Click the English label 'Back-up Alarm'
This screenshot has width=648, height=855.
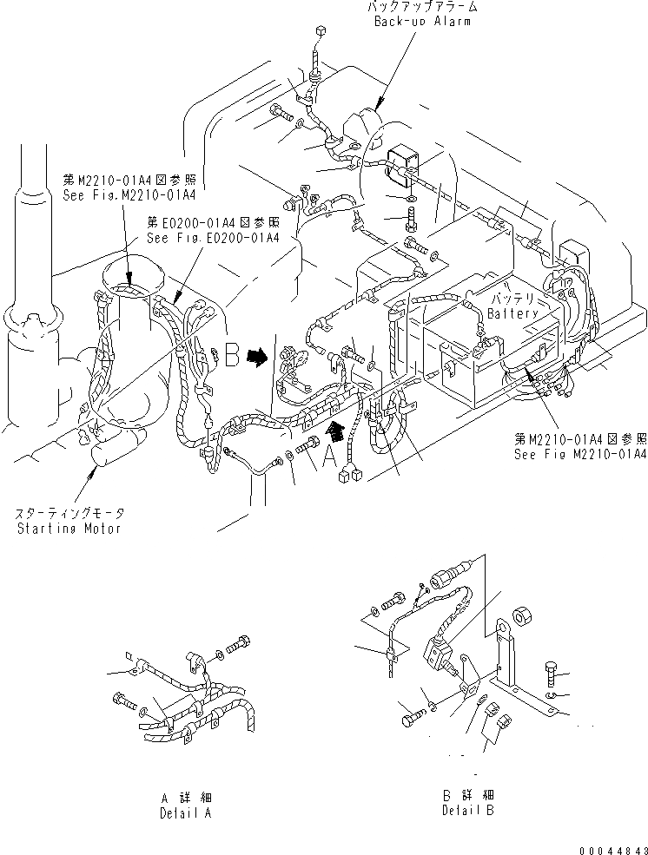422,21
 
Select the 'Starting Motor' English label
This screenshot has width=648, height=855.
69,528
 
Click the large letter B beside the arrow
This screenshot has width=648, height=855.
230,356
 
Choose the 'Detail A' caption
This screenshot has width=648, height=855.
185,813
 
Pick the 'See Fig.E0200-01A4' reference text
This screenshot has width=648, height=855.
213,238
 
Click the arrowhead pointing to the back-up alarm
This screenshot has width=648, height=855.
379,106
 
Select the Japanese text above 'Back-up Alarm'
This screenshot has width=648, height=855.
422,7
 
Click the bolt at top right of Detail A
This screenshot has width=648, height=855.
240,646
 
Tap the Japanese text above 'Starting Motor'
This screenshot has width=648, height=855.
69,514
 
